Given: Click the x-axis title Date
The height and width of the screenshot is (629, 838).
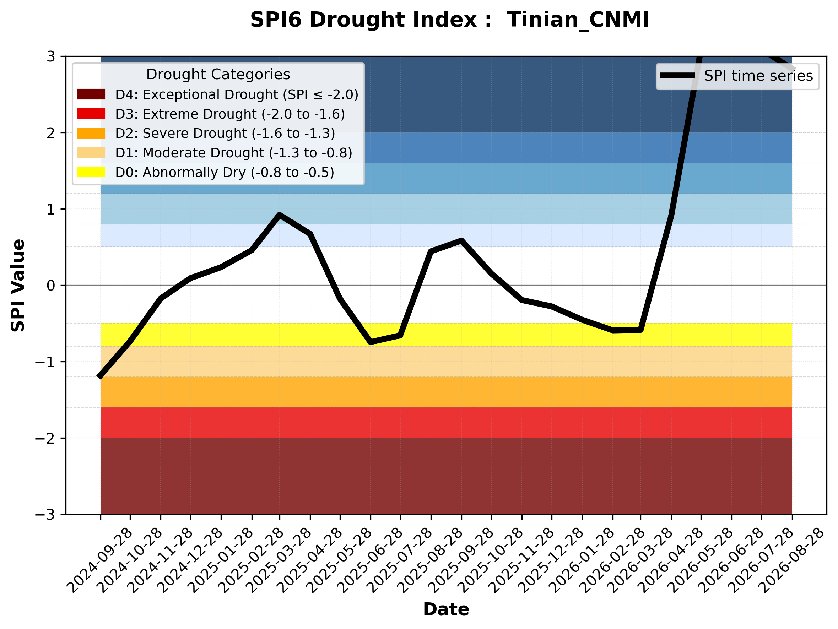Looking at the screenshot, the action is point(446,609).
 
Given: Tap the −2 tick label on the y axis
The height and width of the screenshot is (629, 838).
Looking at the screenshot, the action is point(45,439).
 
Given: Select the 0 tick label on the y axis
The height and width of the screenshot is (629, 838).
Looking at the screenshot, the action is point(51,286).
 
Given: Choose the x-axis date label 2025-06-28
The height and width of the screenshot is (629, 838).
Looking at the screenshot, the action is point(371,560).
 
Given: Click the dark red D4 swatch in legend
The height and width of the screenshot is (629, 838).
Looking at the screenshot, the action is point(91,94).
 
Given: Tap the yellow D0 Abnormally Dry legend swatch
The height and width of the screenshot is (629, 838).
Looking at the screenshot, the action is point(91,172).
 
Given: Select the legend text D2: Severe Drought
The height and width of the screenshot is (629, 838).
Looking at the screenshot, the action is point(181,133).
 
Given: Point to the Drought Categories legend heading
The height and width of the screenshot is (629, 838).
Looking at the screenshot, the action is point(218,74).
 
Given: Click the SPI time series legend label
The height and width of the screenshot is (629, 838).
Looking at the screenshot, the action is point(758,76).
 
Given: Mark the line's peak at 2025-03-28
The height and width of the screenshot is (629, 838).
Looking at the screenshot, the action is point(280,215).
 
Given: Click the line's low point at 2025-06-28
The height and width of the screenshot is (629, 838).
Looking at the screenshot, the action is point(371,342).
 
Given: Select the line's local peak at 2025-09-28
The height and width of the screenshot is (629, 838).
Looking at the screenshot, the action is point(461,240).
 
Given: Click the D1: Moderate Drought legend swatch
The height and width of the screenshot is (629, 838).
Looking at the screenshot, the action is point(91,153).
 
